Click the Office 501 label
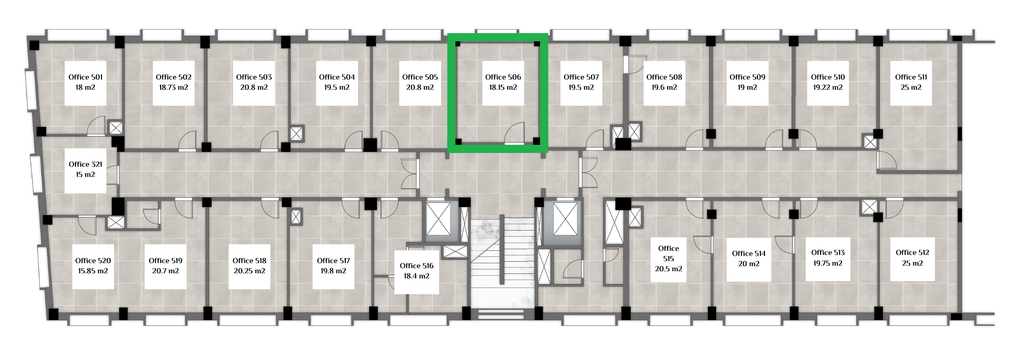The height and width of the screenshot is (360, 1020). pyautogui.click(x=86, y=77)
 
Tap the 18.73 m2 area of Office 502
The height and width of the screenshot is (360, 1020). pyautogui.click(x=173, y=87)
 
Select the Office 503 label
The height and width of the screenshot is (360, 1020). pyautogui.click(x=254, y=77)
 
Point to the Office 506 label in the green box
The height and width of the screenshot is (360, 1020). pyautogui.click(x=503, y=77)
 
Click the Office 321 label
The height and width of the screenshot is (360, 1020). pyautogui.click(x=86, y=164)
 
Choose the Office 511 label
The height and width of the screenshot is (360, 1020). pyautogui.click(x=911, y=77)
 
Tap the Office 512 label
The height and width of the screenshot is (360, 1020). pyautogui.click(x=912, y=252)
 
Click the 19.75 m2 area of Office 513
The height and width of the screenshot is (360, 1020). pyautogui.click(x=828, y=263)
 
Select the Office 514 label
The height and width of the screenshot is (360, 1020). pyautogui.click(x=749, y=253)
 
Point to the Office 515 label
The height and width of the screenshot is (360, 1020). pyautogui.click(x=669, y=253)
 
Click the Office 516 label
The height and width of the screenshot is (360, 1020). pyautogui.click(x=417, y=266)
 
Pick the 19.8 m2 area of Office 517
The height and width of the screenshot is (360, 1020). pyautogui.click(x=334, y=271)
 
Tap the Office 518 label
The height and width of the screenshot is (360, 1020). pyautogui.click(x=249, y=261)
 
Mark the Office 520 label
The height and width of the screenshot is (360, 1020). pyautogui.click(x=93, y=261)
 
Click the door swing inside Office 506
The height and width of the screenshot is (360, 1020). pyautogui.click(x=515, y=133)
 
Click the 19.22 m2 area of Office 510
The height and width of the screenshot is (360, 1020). pyautogui.click(x=828, y=87)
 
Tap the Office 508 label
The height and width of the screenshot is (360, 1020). pyautogui.click(x=664, y=77)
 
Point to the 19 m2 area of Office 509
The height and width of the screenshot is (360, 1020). pyautogui.click(x=747, y=87)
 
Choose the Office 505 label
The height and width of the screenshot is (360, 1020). pyautogui.click(x=420, y=77)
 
